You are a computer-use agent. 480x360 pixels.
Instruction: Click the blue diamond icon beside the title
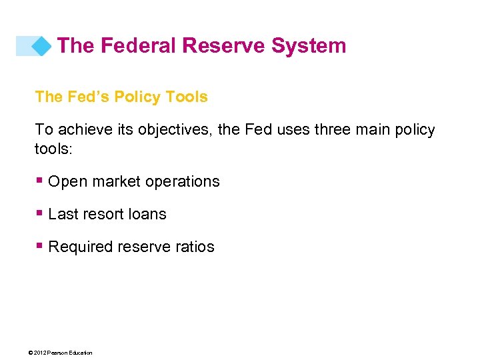(x=41, y=46)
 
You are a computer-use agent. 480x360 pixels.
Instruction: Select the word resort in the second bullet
(x=104, y=215)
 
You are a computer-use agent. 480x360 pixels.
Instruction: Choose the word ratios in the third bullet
(x=195, y=247)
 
